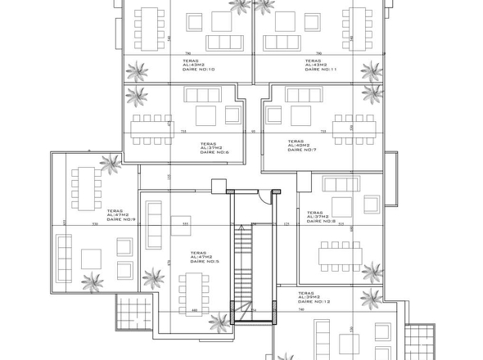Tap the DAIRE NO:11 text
click(x=321, y=70)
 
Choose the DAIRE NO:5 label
click(x=204, y=263)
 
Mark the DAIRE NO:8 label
click(x=322, y=221)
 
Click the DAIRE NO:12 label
click(x=314, y=302)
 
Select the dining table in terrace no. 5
click(x=194, y=290)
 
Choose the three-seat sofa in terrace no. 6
click(x=202, y=95)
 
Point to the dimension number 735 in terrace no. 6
click(x=183, y=131)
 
